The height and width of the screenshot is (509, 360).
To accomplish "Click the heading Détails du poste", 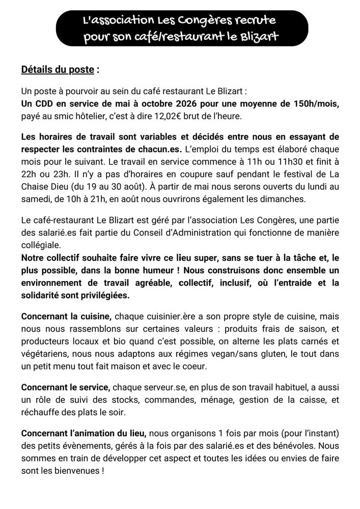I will tap(58, 69).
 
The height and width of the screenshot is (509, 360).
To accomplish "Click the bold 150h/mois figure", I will tap(312, 104).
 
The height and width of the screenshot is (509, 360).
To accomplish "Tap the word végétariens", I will tap(44, 353).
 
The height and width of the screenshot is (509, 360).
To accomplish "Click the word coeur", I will tap(210, 365).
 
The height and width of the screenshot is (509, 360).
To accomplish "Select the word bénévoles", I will tap(301, 446).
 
